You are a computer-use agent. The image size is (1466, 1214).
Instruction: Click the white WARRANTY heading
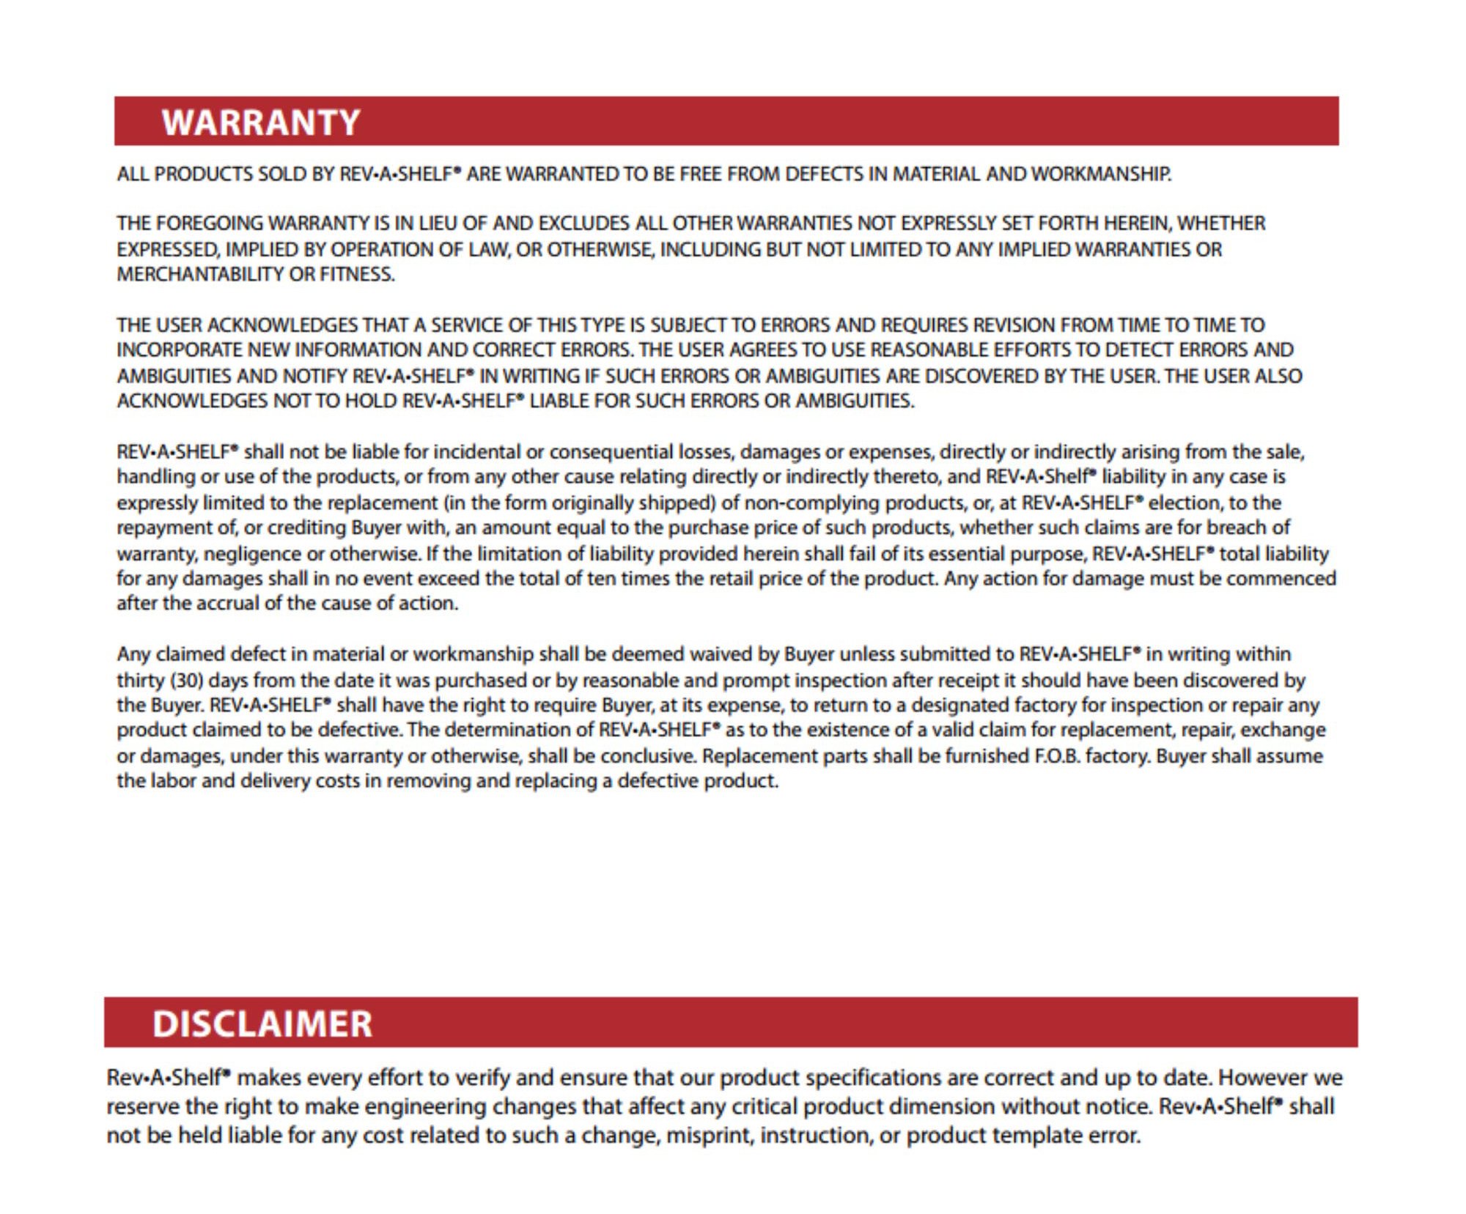(261, 122)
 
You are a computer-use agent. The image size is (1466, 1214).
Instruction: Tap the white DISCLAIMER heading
(262, 1024)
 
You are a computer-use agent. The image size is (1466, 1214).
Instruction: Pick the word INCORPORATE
(179, 350)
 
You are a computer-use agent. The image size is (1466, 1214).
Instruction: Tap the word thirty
(140, 681)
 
